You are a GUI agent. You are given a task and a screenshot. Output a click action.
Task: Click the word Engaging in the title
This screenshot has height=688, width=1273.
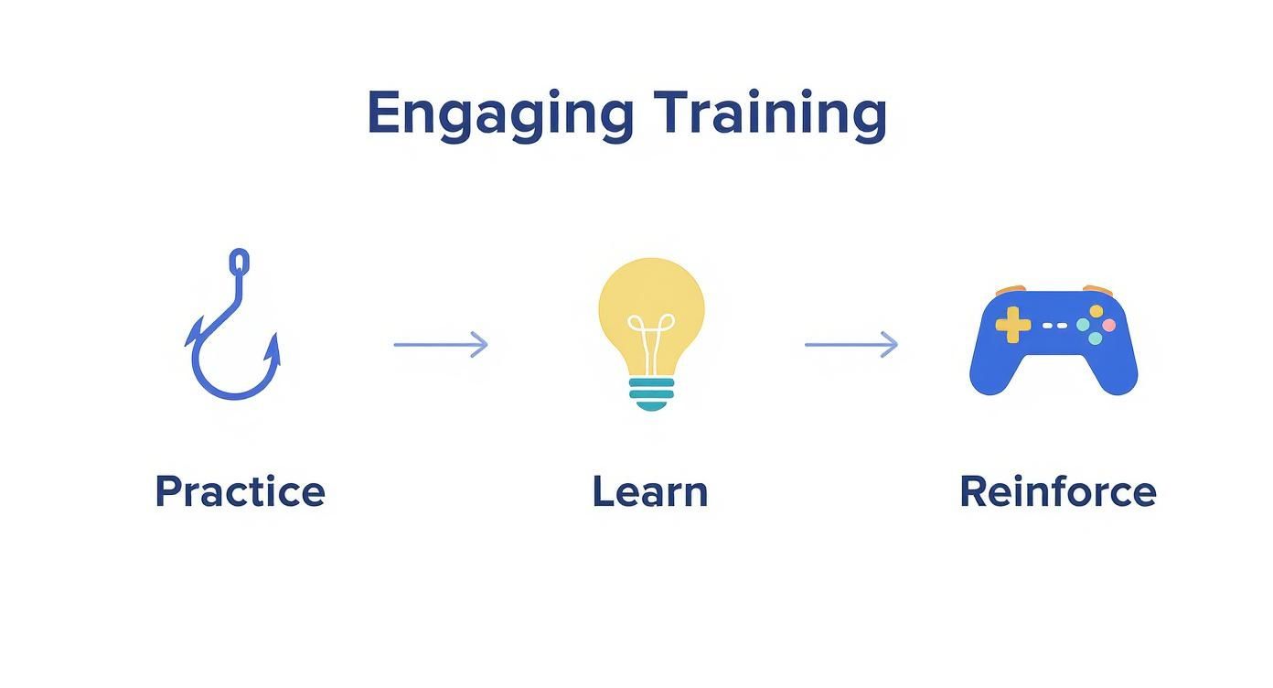(499, 114)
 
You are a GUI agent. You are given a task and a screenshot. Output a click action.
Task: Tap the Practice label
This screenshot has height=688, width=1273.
(240, 491)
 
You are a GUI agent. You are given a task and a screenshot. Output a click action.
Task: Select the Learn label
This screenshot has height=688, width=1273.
(649, 491)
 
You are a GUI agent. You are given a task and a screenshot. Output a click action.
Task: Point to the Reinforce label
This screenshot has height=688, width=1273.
(1057, 491)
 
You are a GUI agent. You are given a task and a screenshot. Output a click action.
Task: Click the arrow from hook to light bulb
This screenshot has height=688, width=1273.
(441, 345)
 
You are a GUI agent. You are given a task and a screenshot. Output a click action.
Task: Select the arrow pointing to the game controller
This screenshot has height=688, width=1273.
(850, 345)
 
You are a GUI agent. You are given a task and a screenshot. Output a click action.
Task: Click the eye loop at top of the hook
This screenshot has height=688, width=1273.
(239, 262)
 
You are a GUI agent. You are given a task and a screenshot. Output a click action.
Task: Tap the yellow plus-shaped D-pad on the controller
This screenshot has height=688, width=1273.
(1012, 325)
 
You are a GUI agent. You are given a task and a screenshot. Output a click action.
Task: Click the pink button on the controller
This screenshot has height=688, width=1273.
(1108, 325)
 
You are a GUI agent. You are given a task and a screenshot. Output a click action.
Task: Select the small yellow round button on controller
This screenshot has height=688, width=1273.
(1096, 312)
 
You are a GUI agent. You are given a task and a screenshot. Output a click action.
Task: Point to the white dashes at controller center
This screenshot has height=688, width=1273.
(1054, 325)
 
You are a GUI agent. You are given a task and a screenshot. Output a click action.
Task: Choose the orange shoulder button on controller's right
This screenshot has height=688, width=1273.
(1096, 290)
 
